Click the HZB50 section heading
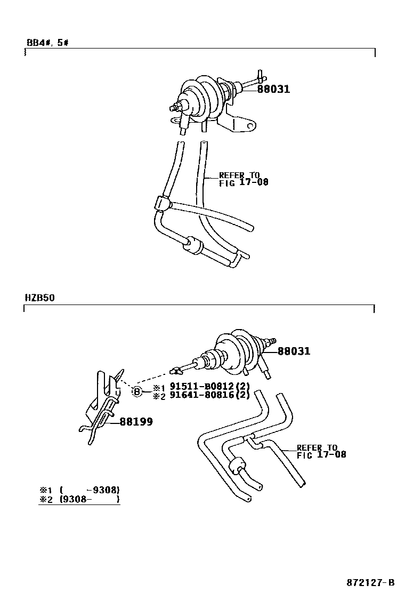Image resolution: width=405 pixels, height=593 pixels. [x=39, y=298]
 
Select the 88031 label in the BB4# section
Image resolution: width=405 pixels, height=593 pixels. [x=273, y=89]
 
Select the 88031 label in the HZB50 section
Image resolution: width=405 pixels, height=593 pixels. [x=294, y=351]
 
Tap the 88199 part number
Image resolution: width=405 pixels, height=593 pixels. [x=136, y=421]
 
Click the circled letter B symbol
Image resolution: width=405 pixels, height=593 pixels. [x=137, y=392]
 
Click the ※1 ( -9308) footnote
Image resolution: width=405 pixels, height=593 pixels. [x=79, y=490]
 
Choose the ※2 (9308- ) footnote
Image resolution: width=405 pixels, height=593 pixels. [x=79, y=499]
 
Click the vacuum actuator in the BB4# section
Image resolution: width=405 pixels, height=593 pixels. [x=205, y=99]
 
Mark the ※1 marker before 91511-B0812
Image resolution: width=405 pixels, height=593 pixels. [x=157, y=387]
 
